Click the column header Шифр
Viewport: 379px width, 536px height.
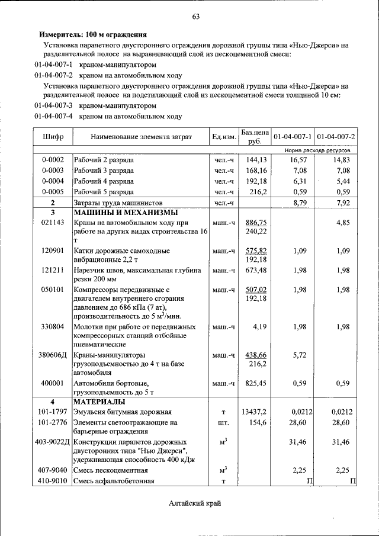point(53,137)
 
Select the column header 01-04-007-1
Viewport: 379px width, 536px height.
point(293,137)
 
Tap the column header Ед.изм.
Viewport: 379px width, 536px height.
point(224,137)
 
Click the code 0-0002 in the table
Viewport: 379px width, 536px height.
point(53,160)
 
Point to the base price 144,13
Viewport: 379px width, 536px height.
point(256,160)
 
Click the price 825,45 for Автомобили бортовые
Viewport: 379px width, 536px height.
point(256,383)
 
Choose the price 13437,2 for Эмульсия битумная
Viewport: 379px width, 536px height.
point(255,412)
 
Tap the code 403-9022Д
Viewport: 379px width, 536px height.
point(53,442)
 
